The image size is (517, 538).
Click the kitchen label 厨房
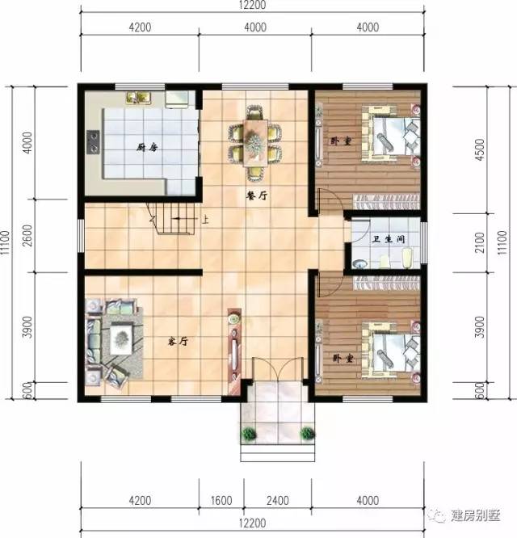pos(147,148)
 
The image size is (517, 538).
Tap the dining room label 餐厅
pos(257,195)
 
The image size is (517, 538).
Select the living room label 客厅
pos(178,341)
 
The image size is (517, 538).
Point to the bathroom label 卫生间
pos(389,238)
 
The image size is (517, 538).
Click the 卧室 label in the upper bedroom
pos(341,141)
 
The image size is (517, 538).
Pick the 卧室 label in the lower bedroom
pos(343,359)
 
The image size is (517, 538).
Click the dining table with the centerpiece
pos(255,142)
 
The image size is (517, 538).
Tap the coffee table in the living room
pos(121,339)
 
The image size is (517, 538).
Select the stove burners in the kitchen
pos(93,141)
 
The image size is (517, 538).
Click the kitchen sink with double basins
pos(139,97)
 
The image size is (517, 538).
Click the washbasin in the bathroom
pos(359,264)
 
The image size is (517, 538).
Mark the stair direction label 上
pos(205,219)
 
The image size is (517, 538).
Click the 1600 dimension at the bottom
pos(221,501)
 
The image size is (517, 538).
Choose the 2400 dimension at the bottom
pos(278,501)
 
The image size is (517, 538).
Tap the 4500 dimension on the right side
pos(481,149)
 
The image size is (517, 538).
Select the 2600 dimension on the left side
pos(29,235)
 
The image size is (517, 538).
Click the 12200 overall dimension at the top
pos(253,5)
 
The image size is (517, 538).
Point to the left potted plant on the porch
pos(249,434)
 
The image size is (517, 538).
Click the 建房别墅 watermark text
pos(476,515)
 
